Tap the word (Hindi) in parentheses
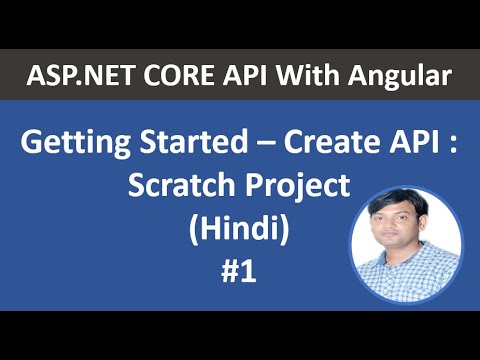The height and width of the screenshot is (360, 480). [x=239, y=230]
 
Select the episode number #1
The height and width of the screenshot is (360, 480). [x=240, y=271]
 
